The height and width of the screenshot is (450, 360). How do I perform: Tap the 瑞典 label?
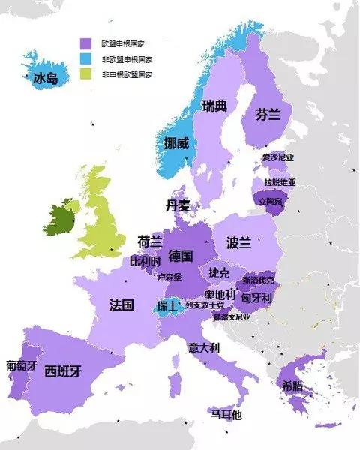[x=214, y=106]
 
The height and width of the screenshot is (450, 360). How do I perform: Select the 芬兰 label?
[x=268, y=115]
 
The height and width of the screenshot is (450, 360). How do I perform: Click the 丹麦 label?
[x=179, y=205]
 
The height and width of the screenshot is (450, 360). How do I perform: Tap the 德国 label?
[x=181, y=255]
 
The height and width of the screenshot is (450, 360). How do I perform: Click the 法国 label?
[x=121, y=305]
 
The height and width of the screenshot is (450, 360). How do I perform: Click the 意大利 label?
[x=204, y=348]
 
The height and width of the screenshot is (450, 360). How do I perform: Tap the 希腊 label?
[x=293, y=385]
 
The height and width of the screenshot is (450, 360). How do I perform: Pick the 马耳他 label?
[x=226, y=414]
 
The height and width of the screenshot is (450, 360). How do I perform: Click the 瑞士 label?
[x=167, y=306]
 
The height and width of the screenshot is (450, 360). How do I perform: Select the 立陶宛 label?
[x=270, y=202]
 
